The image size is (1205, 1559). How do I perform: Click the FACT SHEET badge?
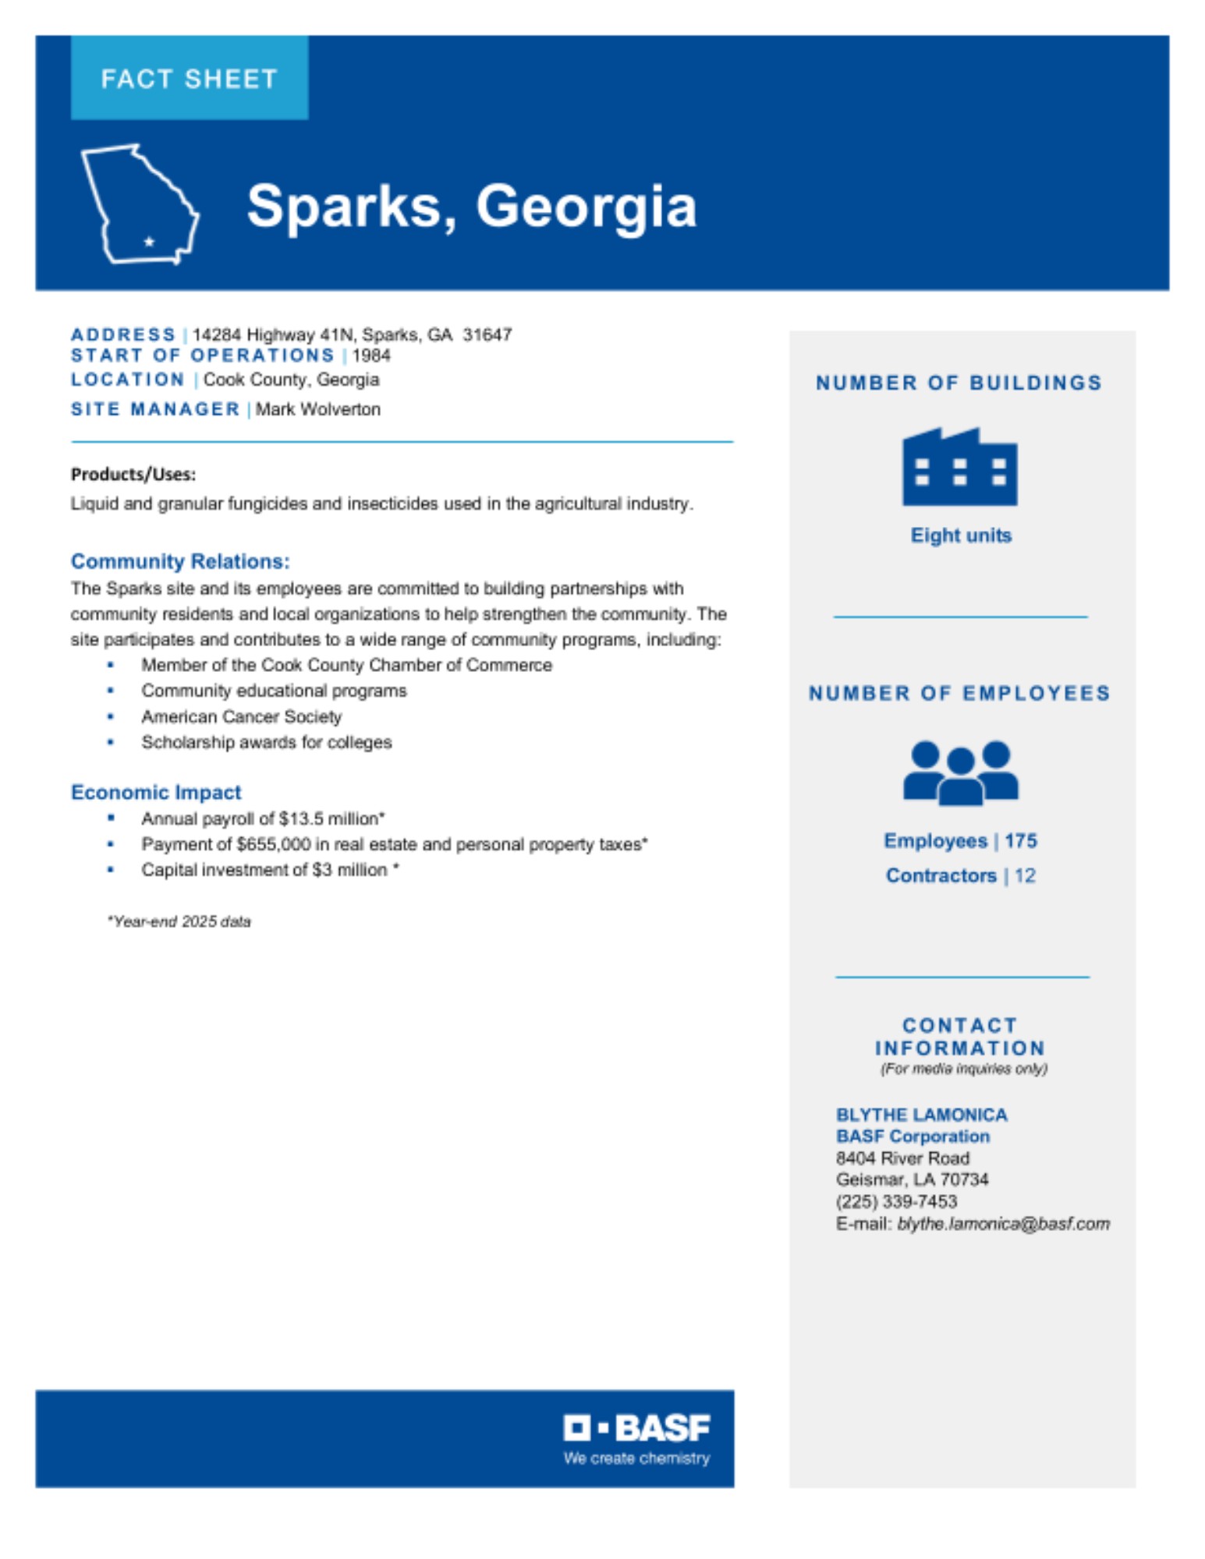point(189,78)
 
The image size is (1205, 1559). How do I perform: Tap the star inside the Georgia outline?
point(149,242)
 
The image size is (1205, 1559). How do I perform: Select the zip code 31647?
point(487,334)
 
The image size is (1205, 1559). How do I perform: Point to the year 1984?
point(371,355)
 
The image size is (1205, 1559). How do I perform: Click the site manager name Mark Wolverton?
point(318,409)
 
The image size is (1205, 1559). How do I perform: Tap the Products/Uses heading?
point(133,474)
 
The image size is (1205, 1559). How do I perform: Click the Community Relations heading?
point(180,561)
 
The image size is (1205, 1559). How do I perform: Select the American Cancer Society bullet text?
point(242,716)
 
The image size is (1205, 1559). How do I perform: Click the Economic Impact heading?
point(156,792)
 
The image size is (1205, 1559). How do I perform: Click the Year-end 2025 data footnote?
point(179,921)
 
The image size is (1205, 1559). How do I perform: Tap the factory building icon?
point(959,467)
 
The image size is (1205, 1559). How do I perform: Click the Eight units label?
point(961,536)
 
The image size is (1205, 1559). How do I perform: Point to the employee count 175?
point(1021,841)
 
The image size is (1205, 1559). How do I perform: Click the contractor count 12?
point(1025,876)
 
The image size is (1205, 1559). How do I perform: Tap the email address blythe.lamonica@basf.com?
point(1004,1224)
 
